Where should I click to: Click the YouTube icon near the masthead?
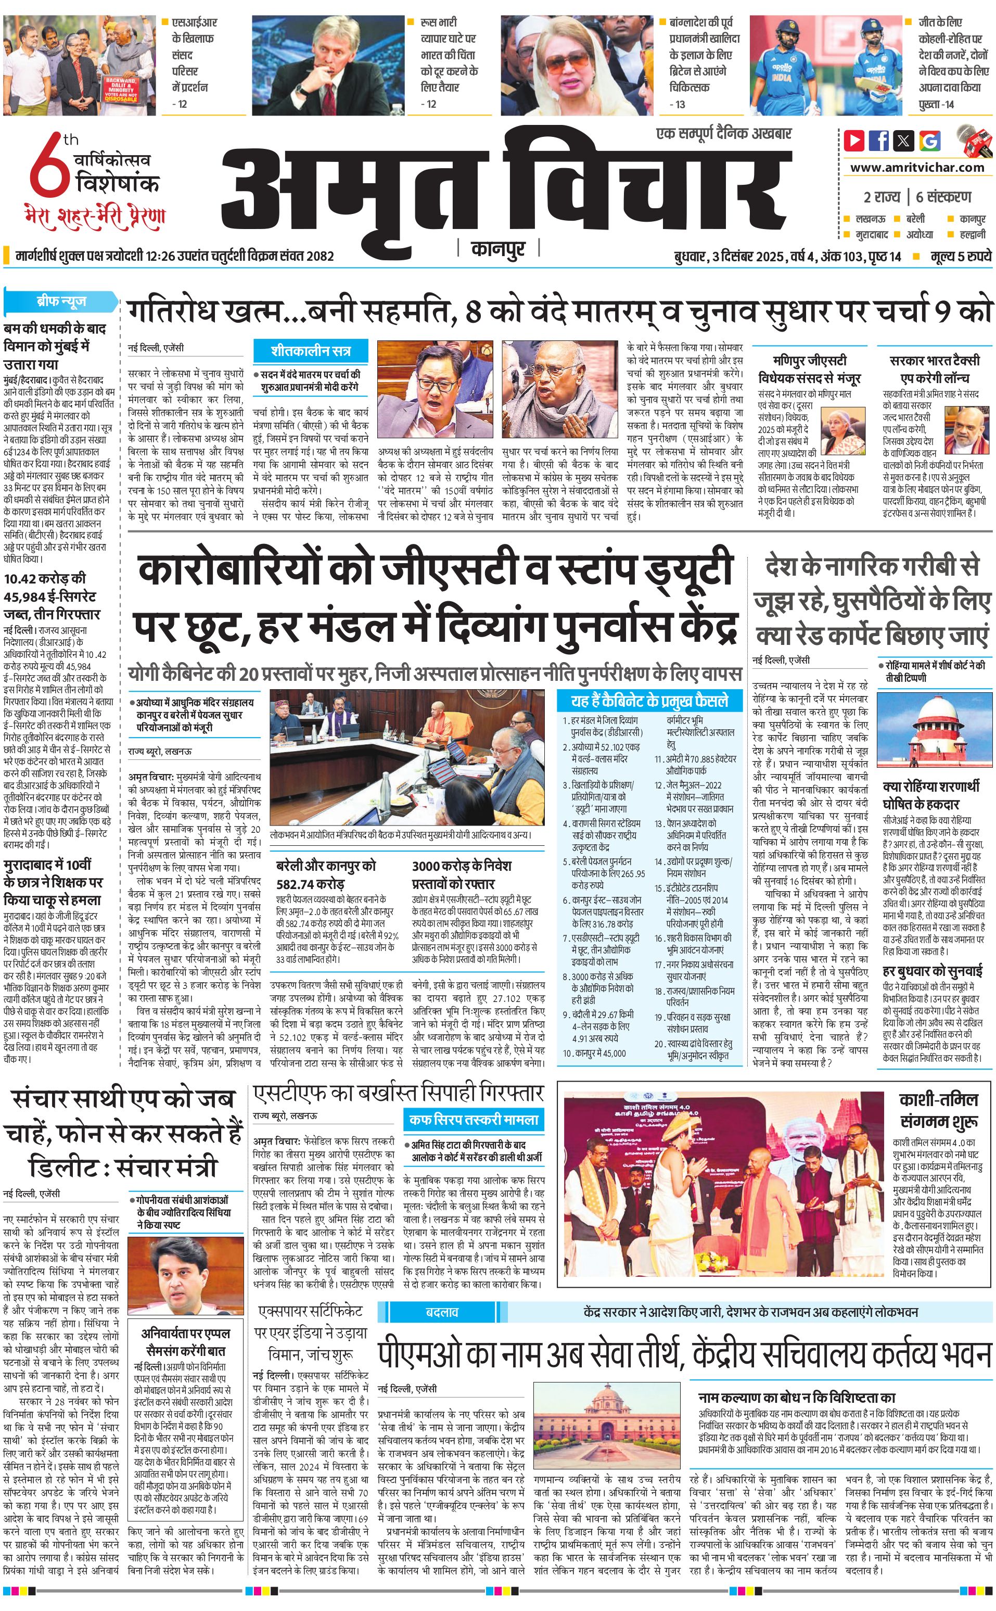(854, 141)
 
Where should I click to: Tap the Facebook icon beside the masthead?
(879, 141)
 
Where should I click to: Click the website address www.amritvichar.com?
(917, 168)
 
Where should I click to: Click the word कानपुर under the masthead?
(498, 249)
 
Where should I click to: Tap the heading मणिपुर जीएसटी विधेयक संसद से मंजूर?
(810, 369)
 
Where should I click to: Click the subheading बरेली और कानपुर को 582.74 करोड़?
(327, 874)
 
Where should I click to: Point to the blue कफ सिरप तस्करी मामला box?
(474, 1119)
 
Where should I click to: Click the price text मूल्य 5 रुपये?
(961, 257)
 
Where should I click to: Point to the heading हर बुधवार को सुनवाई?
(933, 971)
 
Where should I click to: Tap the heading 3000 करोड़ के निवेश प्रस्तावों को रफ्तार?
(462, 874)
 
